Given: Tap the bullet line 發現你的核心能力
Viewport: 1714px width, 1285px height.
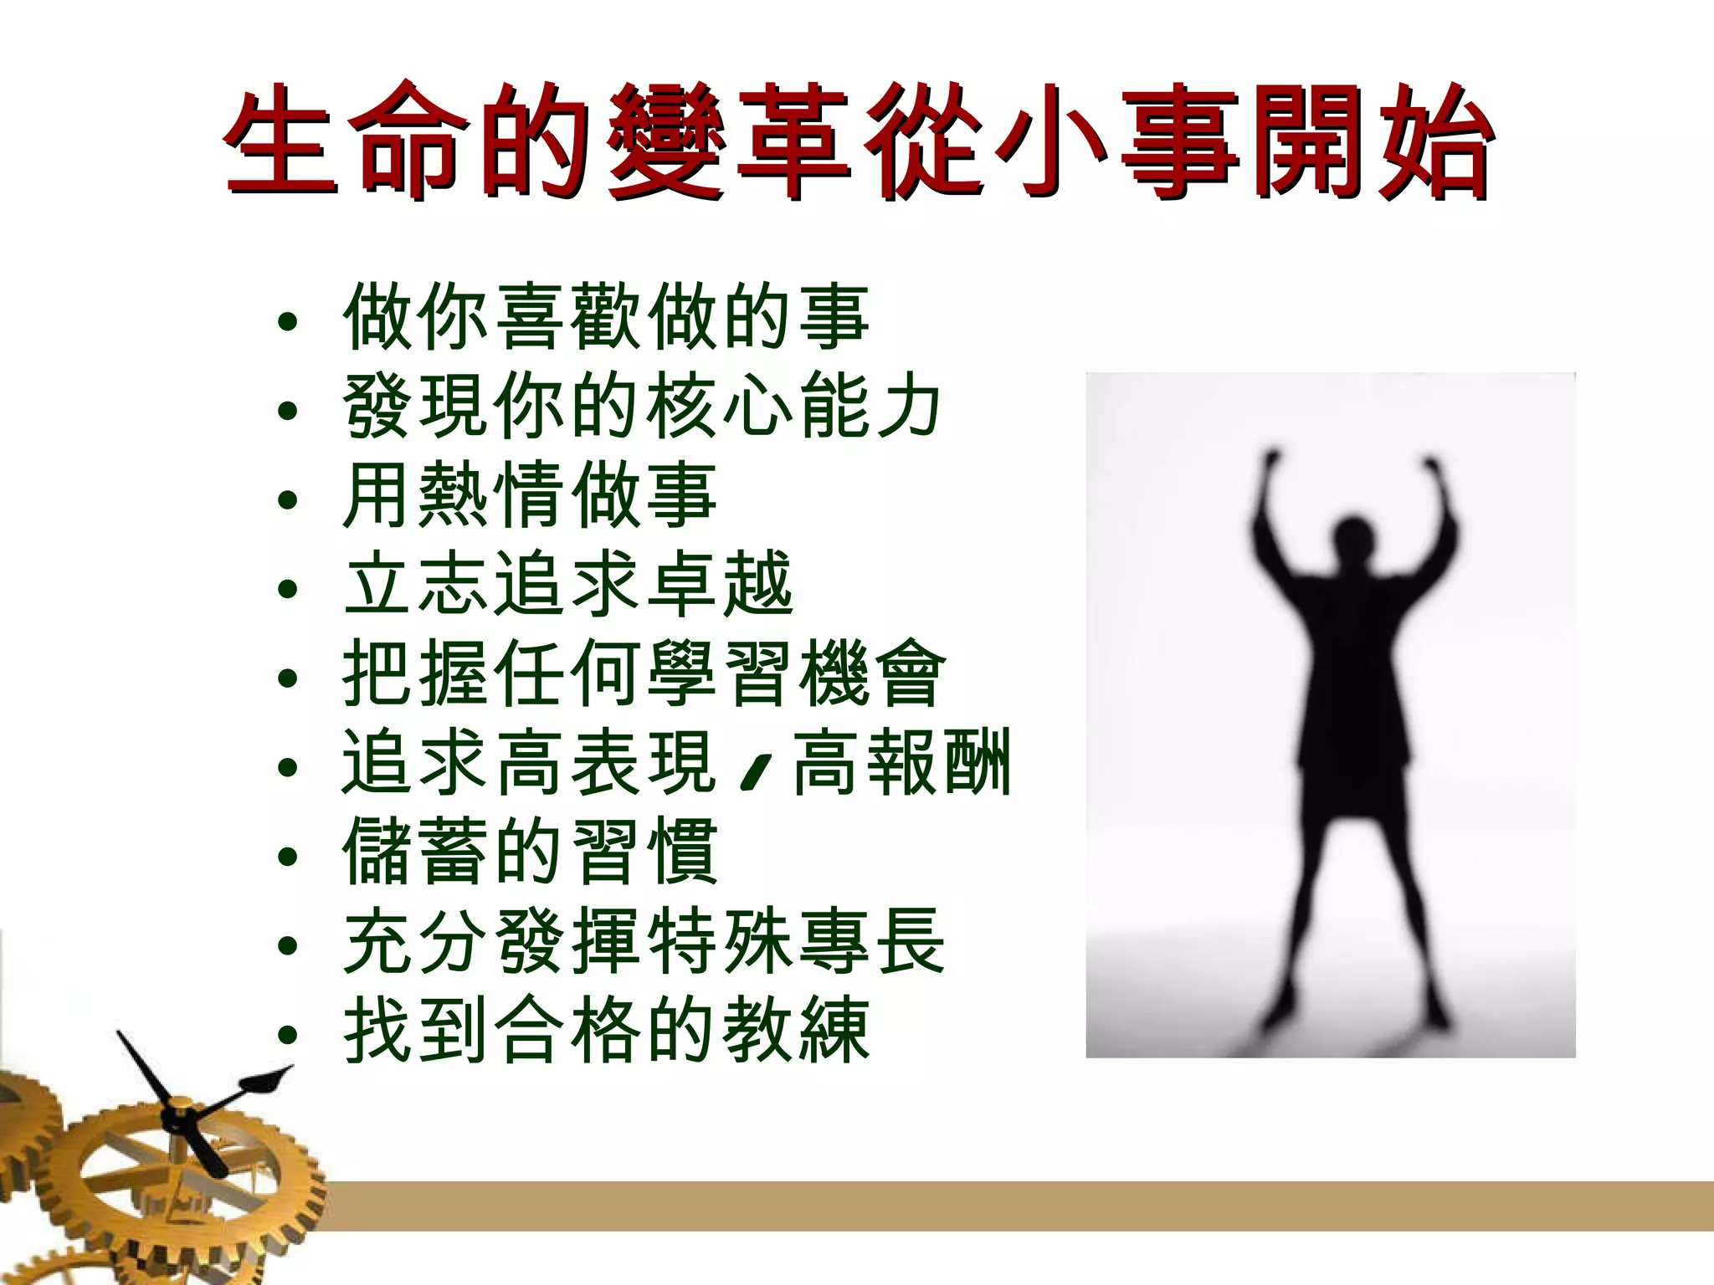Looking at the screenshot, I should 643,407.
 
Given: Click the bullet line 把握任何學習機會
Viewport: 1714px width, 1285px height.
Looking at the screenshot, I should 644,673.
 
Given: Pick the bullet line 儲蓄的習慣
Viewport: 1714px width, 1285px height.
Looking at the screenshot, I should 531,852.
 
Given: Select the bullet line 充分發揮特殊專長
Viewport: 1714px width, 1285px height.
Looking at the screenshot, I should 644,941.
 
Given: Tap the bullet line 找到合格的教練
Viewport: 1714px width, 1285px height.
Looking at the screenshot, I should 607,1030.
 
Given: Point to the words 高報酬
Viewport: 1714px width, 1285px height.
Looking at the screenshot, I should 902,762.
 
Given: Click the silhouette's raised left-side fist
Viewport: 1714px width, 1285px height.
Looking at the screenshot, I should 1273,462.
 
